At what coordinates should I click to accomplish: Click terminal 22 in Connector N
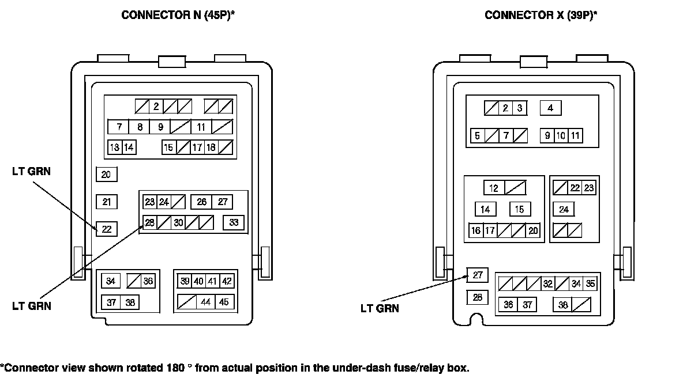[106, 229]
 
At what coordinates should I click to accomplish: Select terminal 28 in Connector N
[149, 223]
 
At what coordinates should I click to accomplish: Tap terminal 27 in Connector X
[477, 275]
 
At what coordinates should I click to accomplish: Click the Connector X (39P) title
[541, 16]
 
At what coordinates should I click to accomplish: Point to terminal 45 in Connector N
[224, 301]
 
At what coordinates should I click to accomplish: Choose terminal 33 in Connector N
[234, 223]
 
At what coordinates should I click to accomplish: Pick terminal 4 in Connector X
[550, 108]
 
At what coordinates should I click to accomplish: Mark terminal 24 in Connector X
[564, 209]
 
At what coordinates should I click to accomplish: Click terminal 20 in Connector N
[106, 175]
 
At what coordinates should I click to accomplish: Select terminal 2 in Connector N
[156, 107]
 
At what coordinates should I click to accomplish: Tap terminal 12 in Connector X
[494, 188]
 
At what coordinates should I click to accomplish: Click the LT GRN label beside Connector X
[380, 308]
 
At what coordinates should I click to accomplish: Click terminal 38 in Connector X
[563, 305]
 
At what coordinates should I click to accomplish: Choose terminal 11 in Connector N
[201, 127]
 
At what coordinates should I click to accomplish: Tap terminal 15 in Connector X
[520, 209]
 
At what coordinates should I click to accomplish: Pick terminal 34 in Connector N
[111, 281]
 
